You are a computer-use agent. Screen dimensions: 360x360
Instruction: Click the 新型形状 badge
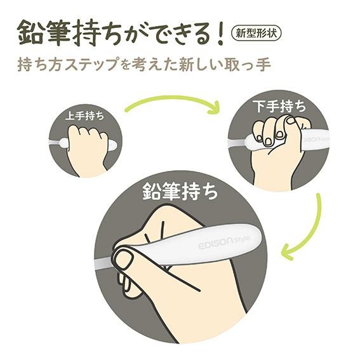click(257, 34)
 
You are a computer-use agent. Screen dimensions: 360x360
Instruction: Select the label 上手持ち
click(84, 116)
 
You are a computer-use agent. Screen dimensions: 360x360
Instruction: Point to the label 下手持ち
click(279, 106)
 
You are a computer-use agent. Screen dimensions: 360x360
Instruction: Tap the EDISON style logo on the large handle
click(224, 243)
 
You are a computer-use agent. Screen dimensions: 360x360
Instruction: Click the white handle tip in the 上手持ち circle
click(112, 145)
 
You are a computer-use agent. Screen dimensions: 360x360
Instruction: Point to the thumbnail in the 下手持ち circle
click(292, 120)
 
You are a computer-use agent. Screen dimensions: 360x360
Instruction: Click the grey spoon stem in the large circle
click(103, 262)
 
